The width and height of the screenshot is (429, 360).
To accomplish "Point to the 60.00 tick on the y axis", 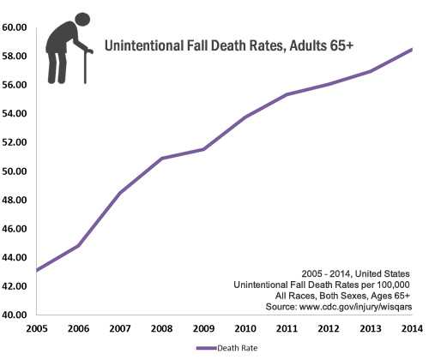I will point(17,27).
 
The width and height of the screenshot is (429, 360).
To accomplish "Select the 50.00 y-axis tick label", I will point(17,171).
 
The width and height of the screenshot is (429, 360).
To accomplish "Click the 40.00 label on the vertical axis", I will point(17,315).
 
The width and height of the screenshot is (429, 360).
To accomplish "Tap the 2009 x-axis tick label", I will point(203,328).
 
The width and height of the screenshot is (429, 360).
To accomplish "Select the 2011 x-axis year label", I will point(287,328).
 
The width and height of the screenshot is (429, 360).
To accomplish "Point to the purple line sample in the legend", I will point(204,348).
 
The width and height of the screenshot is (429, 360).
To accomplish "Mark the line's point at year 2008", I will point(162,159).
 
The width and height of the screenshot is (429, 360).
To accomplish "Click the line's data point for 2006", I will point(79,245).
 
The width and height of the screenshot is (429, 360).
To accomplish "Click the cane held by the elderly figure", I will point(87,67).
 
